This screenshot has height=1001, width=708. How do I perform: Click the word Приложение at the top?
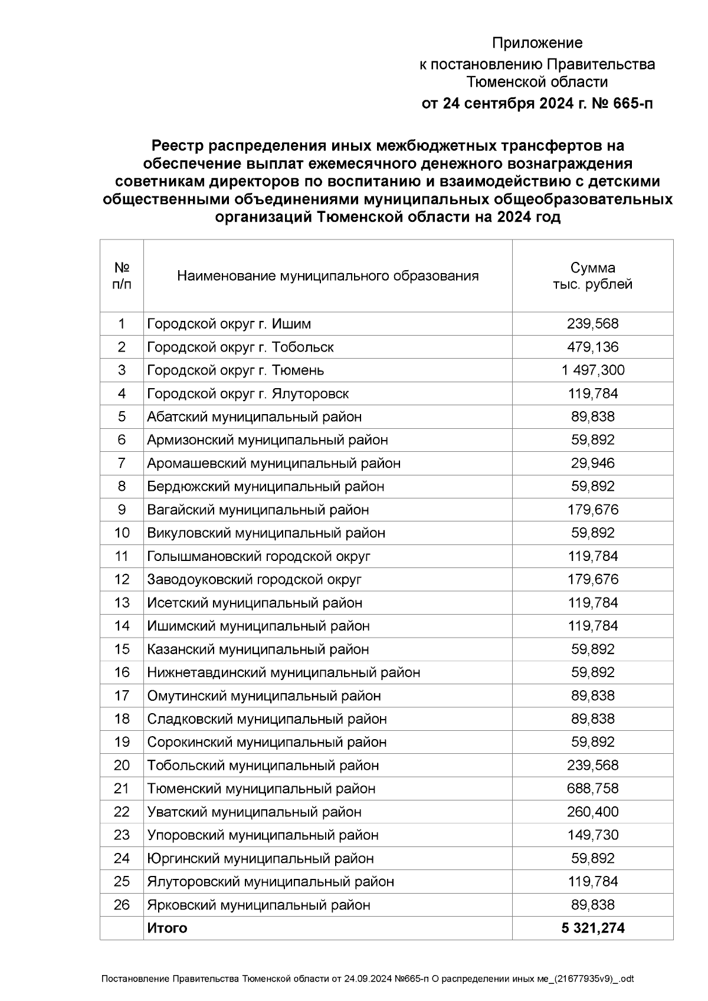pyautogui.click(x=537, y=43)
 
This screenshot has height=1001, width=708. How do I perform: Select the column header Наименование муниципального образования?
pyautogui.click(x=327, y=276)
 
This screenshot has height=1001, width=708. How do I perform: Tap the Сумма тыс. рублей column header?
pyautogui.click(x=592, y=276)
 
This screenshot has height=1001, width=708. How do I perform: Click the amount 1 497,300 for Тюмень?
pyautogui.click(x=592, y=370)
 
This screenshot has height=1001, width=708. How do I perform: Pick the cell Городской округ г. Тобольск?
pyautogui.click(x=240, y=347)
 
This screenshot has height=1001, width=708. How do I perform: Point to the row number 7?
pyautogui.click(x=122, y=464)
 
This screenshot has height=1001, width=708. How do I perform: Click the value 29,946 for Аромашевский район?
pyautogui.click(x=592, y=464)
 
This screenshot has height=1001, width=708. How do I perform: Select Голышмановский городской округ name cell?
pyautogui.click(x=258, y=556)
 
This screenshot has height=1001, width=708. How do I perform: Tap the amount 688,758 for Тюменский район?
pyautogui.click(x=592, y=789)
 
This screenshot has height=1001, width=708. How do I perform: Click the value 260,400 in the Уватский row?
pyautogui.click(x=592, y=812)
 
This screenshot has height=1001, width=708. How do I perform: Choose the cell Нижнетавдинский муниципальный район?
pyautogui.click(x=283, y=672)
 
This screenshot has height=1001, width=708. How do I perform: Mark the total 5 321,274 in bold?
pyautogui.click(x=592, y=928)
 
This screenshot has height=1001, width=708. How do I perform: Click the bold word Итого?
pyautogui.click(x=167, y=928)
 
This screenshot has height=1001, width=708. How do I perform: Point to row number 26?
pyautogui.click(x=122, y=905)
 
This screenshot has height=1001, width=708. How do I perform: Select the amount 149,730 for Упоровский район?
pyautogui.click(x=592, y=835)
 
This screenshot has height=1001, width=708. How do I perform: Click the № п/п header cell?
pyautogui.click(x=122, y=276)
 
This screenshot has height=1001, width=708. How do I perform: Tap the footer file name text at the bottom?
pyautogui.click(x=368, y=979)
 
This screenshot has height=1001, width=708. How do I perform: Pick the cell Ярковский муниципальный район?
pyautogui.click(x=258, y=905)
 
